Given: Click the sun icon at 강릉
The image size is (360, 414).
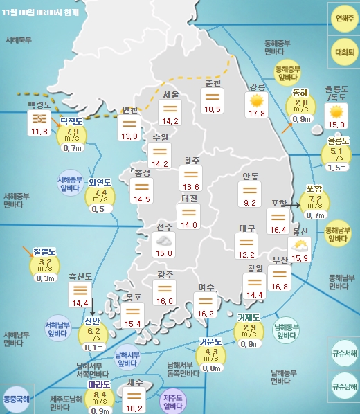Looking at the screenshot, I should coord(257,101).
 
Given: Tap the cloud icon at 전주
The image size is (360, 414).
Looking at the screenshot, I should coord(165,240).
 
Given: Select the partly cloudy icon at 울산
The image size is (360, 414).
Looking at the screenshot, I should coord(300,245).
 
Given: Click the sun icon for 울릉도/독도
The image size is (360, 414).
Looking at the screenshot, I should coord(336,111).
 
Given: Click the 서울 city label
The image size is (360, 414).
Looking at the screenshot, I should coord(171,94).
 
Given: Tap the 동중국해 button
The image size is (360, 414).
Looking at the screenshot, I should coord(16,399).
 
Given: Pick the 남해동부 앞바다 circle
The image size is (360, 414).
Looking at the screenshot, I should coord(286,331).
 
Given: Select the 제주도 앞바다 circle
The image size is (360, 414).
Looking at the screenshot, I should coord(173,402).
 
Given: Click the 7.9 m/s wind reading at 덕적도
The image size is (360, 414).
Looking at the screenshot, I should coord(72,133).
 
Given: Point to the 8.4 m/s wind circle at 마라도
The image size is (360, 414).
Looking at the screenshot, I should coord(100,397).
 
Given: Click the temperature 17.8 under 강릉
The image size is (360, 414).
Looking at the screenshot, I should coord(257,114).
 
